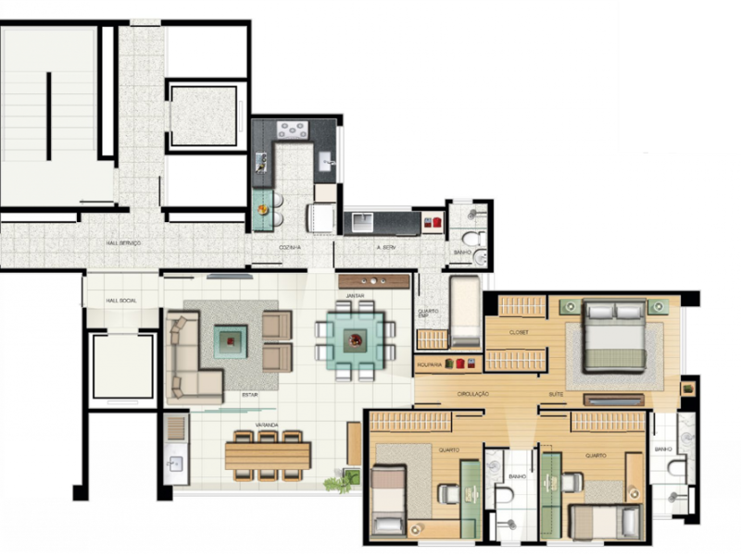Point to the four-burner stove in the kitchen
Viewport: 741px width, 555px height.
293,130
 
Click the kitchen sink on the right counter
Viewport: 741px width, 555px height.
327,163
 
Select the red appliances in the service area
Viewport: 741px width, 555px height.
432,222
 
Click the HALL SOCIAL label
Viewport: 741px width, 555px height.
120,301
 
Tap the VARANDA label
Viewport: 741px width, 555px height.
268,426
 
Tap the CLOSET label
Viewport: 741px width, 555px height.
519,331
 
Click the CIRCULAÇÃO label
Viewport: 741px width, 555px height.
472,395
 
